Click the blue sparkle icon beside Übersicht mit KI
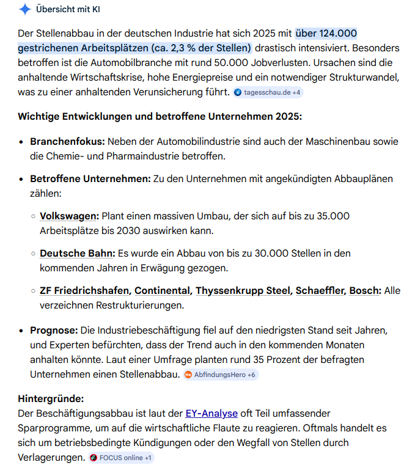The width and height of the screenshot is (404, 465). click(25, 9)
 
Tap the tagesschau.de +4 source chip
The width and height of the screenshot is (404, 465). click(268, 92)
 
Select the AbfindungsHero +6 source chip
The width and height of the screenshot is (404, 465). click(221, 375)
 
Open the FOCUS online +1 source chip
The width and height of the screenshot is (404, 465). click(121, 457)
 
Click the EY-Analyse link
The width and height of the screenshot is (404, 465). click(212, 414)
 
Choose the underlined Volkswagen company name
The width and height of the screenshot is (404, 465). click(69, 216)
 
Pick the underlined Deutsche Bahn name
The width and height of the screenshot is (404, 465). click(77, 253)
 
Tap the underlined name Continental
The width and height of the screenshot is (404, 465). click(163, 290)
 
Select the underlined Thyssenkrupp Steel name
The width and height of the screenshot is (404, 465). click(243, 290)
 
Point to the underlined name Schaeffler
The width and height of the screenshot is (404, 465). click(320, 290)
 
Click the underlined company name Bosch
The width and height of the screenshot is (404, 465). click(365, 290)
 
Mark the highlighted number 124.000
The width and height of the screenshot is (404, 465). click(336, 33)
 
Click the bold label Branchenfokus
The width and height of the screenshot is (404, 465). click(67, 141)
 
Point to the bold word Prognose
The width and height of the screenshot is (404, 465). click(54, 331)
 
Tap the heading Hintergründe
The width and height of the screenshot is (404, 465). click(51, 399)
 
